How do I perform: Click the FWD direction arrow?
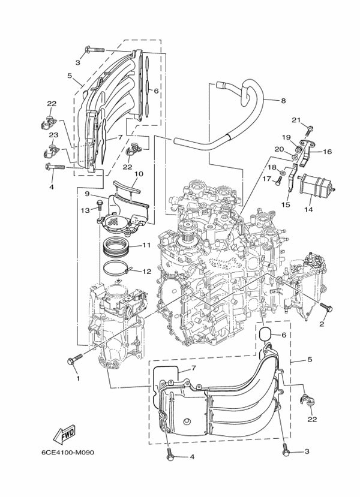pyautogui.click(x=64, y=433)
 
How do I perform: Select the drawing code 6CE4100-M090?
pyautogui.click(x=68, y=452)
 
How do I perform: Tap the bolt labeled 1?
pyautogui.click(x=75, y=359)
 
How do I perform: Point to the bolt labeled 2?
pyautogui.click(x=326, y=307)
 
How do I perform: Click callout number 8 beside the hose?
pyautogui.click(x=283, y=101)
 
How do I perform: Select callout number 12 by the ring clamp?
pyautogui.click(x=146, y=272)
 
